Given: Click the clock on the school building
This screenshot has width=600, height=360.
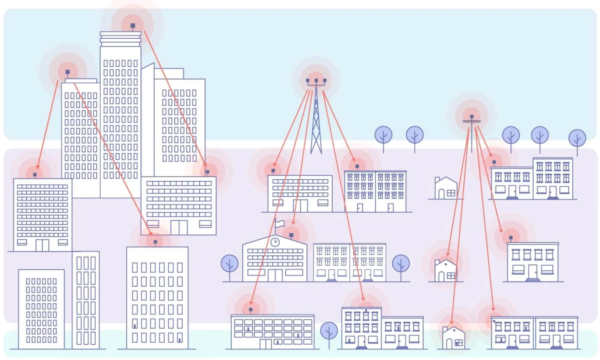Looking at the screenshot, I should point(275,242).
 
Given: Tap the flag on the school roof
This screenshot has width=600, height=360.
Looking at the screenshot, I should point(280,223).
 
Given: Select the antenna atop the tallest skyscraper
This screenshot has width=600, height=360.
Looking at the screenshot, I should point(133,26).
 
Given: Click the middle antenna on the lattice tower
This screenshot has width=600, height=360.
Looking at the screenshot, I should point(316,80).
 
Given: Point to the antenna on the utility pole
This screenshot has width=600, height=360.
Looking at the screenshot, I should point(472,116).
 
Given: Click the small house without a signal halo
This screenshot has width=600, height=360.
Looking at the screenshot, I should point(446,188).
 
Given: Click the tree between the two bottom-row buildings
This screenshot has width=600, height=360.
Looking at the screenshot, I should point(329,331).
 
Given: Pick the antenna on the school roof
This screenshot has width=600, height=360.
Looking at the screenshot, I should point(291,235).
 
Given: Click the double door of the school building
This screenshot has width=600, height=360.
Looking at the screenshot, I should point(275,275).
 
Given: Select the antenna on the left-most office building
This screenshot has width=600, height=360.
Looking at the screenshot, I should point(35,175).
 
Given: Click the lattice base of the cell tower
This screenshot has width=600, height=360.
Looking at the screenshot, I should point(316,141).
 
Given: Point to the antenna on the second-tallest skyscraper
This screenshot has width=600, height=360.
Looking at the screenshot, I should point(67,72).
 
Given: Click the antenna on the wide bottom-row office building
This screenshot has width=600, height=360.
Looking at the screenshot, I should point(250,309).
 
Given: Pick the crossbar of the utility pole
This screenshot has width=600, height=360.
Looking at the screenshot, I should point(472,121).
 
